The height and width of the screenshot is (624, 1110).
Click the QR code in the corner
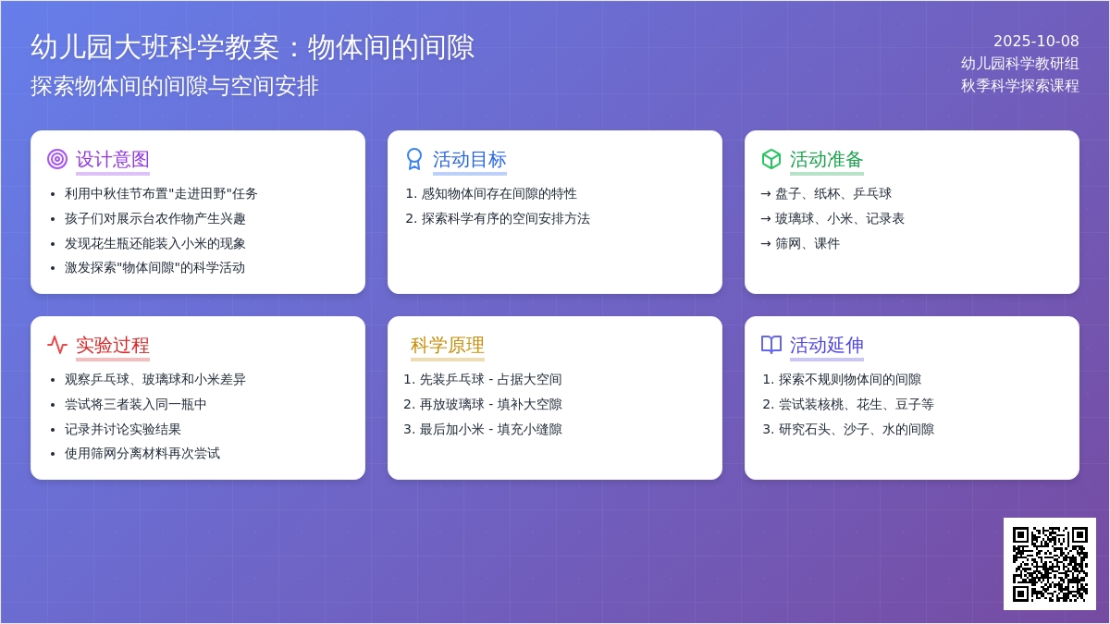click(x=1049, y=564)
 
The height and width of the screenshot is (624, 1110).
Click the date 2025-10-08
click(x=1036, y=41)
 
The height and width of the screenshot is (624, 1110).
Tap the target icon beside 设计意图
click(x=57, y=159)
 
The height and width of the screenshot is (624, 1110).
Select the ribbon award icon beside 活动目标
click(x=414, y=159)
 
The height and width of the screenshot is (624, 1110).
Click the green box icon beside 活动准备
click(x=771, y=159)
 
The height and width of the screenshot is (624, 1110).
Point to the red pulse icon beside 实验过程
click(x=57, y=345)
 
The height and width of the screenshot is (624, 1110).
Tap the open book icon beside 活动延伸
click(x=771, y=345)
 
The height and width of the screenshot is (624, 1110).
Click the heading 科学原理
click(x=448, y=345)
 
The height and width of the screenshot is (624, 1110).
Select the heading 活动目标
click(x=470, y=159)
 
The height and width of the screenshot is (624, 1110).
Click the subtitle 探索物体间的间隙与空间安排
click(x=175, y=86)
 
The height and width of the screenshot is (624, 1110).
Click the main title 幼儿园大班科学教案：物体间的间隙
click(x=253, y=47)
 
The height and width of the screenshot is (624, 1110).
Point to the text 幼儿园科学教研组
click(x=1019, y=63)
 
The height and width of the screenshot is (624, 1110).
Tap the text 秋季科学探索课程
click(x=1019, y=85)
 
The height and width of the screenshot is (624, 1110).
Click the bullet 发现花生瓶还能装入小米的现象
click(x=155, y=243)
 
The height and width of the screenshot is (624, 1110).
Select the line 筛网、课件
click(x=807, y=243)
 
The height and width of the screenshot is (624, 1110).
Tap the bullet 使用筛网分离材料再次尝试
click(x=142, y=453)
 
